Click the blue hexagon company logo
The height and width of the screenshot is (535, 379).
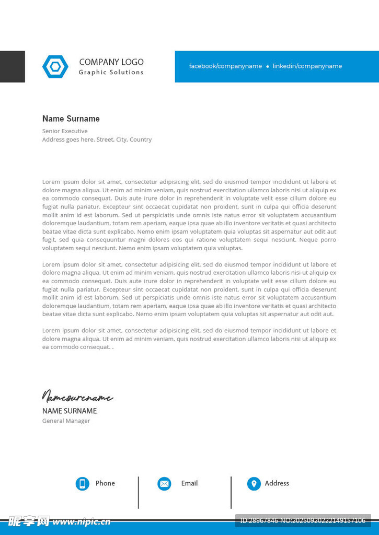point(55,66)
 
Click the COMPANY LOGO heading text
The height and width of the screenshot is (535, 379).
point(111,62)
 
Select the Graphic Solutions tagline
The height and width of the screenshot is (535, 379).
point(111,73)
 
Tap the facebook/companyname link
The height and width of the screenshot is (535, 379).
point(225,66)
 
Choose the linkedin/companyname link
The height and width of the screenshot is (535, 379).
point(307,66)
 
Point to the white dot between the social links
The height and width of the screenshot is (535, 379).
point(268,67)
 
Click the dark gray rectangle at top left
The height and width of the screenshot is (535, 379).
point(12,66)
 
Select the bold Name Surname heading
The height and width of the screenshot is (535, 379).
point(71,119)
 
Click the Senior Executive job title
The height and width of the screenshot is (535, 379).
point(65,131)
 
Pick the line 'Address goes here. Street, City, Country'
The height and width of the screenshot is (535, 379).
point(97,139)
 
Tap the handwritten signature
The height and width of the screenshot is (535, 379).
point(77,397)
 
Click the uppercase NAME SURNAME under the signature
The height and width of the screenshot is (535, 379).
point(70,411)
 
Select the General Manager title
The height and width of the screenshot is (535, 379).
point(66,421)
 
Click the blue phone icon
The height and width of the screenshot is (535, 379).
point(82,484)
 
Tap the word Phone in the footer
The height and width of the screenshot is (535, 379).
point(105,483)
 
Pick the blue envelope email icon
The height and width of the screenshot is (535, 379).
point(164,484)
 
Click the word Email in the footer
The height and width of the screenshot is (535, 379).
point(189,483)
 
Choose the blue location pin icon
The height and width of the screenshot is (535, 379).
point(254,484)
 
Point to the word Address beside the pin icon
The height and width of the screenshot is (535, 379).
point(277,483)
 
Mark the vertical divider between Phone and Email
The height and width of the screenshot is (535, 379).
point(139,492)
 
